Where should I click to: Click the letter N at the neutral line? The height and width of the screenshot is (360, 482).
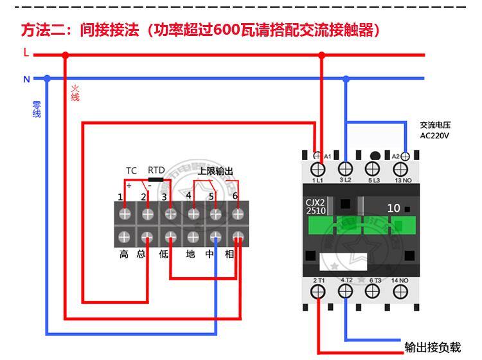tap(26, 79)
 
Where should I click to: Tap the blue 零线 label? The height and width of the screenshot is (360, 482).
tap(37, 109)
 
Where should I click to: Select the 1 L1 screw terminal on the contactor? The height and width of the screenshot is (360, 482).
tap(317, 169)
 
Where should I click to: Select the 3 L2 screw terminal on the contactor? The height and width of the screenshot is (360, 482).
tap(345, 169)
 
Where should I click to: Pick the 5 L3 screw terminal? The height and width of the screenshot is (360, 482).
tap(373, 169)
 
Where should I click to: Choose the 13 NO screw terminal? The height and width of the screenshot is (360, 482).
tap(400, 169)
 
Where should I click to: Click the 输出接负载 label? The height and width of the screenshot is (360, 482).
tap(433, 348)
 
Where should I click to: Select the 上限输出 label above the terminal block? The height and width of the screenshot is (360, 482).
tap(215, 170)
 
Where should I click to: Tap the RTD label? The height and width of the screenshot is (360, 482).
tap(156, 170)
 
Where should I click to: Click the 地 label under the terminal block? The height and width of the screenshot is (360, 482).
tap(190, 254)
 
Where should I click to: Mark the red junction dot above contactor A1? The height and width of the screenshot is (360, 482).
tap(322, 55)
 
